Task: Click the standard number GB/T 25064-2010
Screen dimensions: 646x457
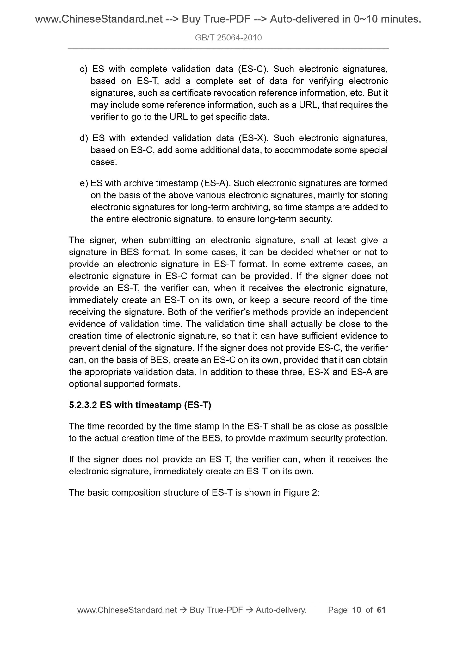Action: [228, 38]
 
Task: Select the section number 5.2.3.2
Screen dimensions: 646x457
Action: [83, 405]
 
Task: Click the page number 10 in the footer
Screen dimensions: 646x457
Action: [356, 610]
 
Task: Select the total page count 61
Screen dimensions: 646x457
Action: [381, 610]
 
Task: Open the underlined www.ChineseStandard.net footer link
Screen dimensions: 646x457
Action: [127, 610]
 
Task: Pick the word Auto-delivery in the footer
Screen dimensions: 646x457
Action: [281, 610]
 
